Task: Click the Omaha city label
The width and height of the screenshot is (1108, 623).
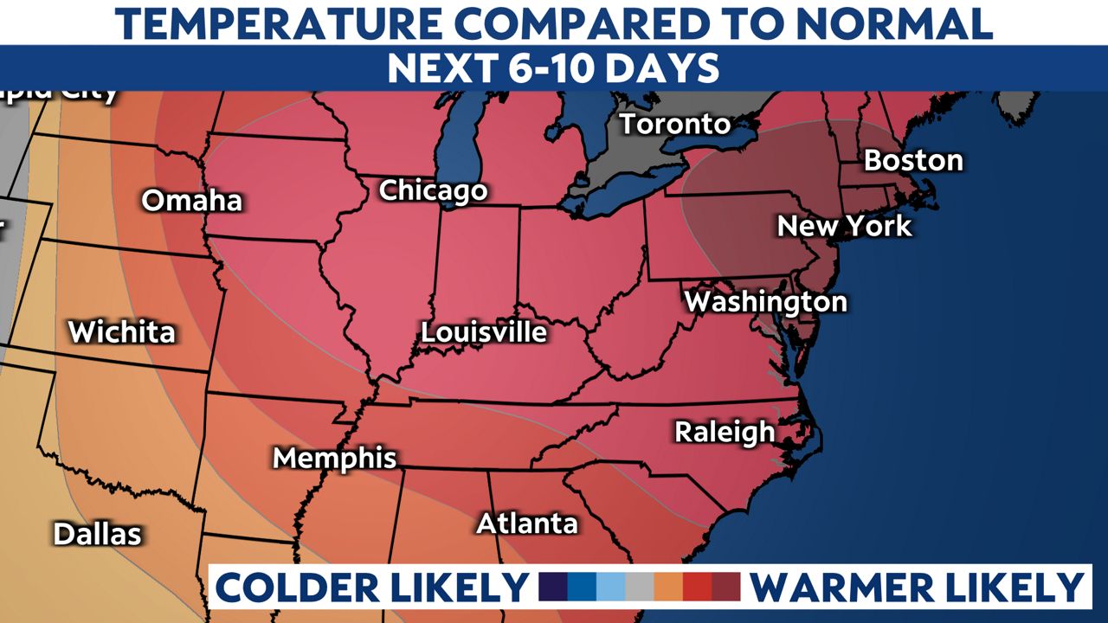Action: click(191, 201)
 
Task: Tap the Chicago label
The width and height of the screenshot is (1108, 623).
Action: click(433, 190)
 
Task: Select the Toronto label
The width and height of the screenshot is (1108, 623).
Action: click(675, 124)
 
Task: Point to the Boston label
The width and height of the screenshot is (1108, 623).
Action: click(912, 160)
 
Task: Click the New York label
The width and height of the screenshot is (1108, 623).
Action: click(844, 227)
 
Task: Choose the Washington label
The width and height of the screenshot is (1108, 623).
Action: click(765, 302)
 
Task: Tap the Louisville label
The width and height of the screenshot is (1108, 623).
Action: click(484, 332)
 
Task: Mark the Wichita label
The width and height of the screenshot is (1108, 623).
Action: click(121, 332)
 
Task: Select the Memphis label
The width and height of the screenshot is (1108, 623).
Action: click(334, 458)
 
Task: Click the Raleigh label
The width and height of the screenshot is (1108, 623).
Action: click(725, 432)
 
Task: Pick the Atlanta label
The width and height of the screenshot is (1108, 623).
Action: click(526, 523)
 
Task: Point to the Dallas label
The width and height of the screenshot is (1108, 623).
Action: click(97, 534)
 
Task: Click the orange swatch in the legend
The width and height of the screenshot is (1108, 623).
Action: click(667, 587)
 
